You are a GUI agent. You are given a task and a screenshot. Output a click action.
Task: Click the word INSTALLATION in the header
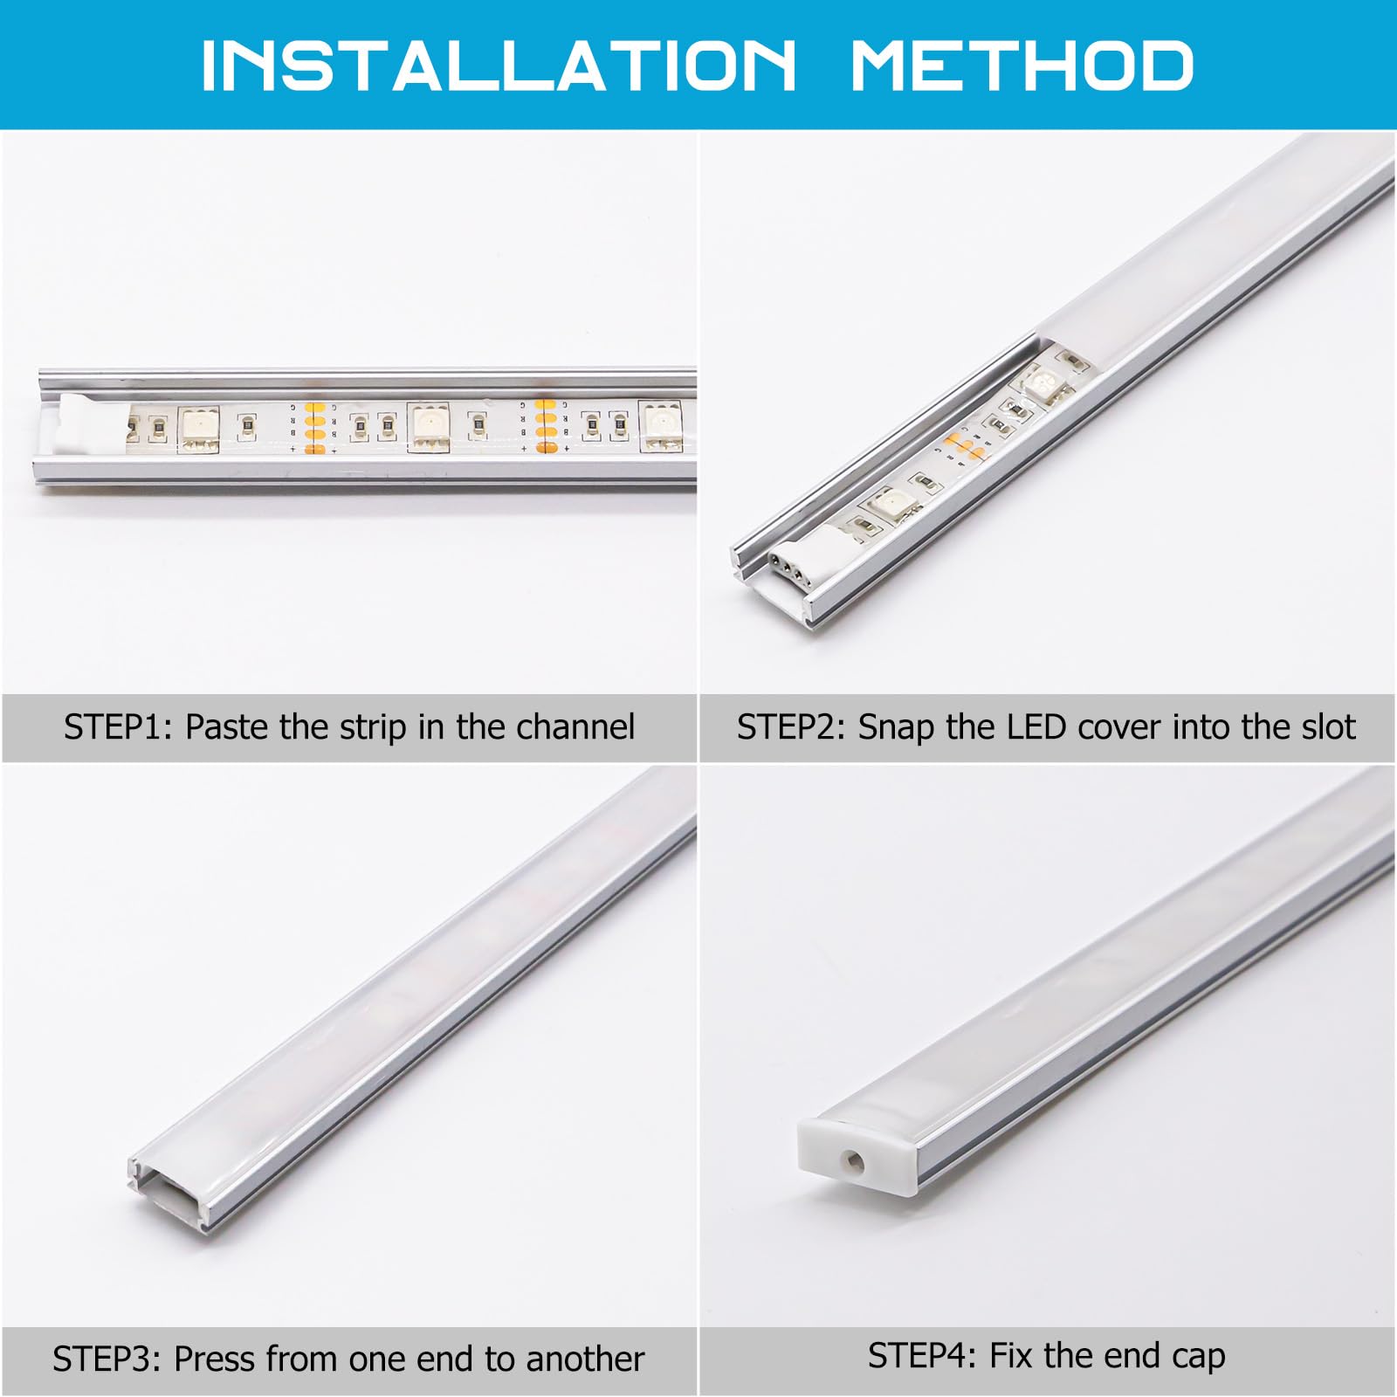tap(499, 65)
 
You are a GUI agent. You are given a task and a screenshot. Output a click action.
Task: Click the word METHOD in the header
tap(1022, 65)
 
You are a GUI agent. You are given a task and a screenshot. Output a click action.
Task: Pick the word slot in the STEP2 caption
tap(1321, 726)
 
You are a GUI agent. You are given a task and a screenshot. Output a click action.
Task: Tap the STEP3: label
tap(107, 1359)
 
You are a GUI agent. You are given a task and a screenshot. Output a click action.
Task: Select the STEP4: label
tap(923, 1355)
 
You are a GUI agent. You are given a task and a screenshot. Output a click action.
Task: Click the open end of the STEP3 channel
tap(170, 1191)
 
